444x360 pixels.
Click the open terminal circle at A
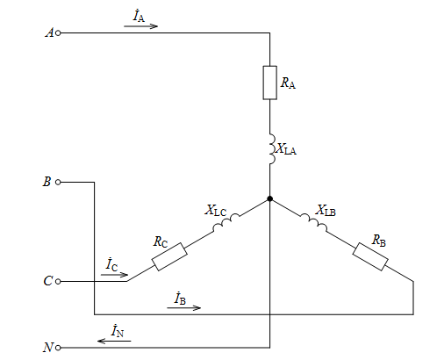click(x=58, y=33)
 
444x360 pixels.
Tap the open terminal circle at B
click(x=58, y=182)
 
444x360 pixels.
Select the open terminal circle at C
click(x=58, y=281)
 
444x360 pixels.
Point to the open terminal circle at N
click(x=58, y=348)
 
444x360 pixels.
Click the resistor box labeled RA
click(x=269, y=83)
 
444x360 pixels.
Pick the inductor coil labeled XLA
click(x=272, y=149)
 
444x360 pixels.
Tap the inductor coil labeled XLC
click(x=226, y=222)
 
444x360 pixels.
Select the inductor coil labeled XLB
click(x=313, y=222)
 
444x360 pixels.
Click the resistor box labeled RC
click(x=169, y=256)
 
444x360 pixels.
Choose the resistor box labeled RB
click(x=370, y=256)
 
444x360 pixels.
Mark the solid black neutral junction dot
click(x=269, y=198)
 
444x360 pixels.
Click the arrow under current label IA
click(x=140, y=26)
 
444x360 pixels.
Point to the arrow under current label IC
click(x=114, y=275)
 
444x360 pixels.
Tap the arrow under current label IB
click(x=183, y=307)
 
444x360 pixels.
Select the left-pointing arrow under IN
click(x=114, y=341)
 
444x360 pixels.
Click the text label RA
click(x=288, y=83)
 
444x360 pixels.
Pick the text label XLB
click(x=326, y=210)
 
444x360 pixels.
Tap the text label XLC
click(x=216, y=210)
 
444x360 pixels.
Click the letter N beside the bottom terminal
click(x=48, y=348)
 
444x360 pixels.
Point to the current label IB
click(x=180, y=298)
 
